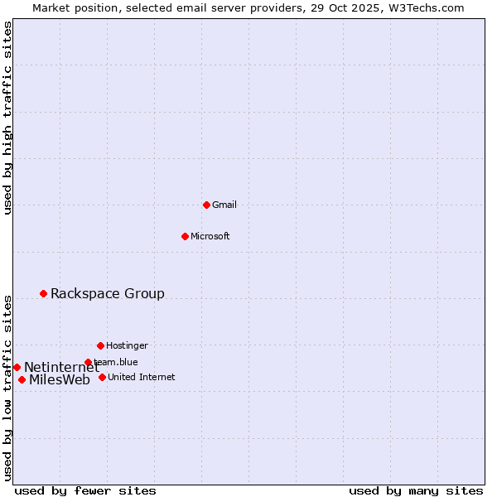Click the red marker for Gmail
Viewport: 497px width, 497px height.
pyautogui.click(x=206, y=205)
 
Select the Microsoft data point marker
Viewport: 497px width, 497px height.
pyautogui.click(x=185, y=236)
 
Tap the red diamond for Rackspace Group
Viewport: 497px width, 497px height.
pyautogui.click(x=43, y=293)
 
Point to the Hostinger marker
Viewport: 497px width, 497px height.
pyautogui.click(x=100, y=345)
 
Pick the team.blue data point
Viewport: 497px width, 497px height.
pyautogui.click(x=88, y=362)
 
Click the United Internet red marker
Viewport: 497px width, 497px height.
pyautogui.click(x=102, y=377)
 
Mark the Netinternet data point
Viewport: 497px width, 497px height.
pyautogui.click(x=17, y=367)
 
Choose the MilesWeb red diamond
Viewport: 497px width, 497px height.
pyautogui.click(x=22, y=379)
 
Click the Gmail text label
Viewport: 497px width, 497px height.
pyautogui.click(x=224, y=205)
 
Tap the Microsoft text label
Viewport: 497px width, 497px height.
pyautogui.click(x=210, y=236)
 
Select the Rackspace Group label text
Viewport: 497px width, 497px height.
pyautogui.click(x=108, y=293)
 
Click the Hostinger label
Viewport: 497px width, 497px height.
pyautogui.click(x=127, y=345)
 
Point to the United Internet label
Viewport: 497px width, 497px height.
pyautogui.click(x=142, y=377)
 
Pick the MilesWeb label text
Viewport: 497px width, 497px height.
pyautogui.click(x=60, y=380)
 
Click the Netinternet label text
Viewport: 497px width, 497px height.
pyautogui.click(x=61, y=367)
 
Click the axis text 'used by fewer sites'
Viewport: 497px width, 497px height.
pyautogui.click(x=85, y=490)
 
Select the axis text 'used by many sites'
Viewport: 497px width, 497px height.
pyautogui.click(x=416, y=490)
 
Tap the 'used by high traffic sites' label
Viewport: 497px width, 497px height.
pyautogui.click(x=7, y=118)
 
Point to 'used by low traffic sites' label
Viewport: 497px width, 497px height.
pyautogui.click(x=7, y=388)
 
